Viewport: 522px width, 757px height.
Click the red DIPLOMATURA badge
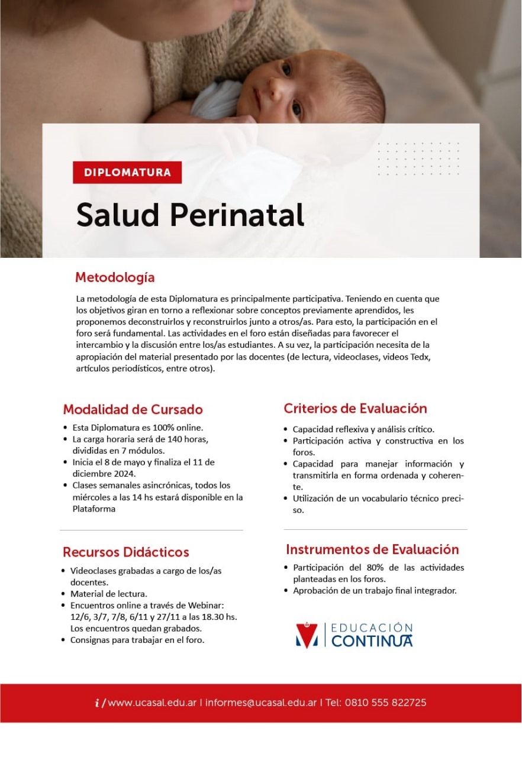127,173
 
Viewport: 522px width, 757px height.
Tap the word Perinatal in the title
237,215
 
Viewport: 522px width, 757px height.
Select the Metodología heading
115,277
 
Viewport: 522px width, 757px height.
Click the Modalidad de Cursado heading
133,409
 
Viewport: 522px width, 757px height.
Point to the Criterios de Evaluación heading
355,408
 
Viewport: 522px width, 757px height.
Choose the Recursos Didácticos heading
126,552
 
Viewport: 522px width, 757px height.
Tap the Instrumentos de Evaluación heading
372,549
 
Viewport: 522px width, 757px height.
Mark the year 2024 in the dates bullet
126,474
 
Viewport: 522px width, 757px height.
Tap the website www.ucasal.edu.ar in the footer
153,703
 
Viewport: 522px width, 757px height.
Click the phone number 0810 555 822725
387,703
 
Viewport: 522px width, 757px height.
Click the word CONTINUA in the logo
372,641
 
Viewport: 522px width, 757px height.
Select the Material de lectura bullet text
108,593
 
